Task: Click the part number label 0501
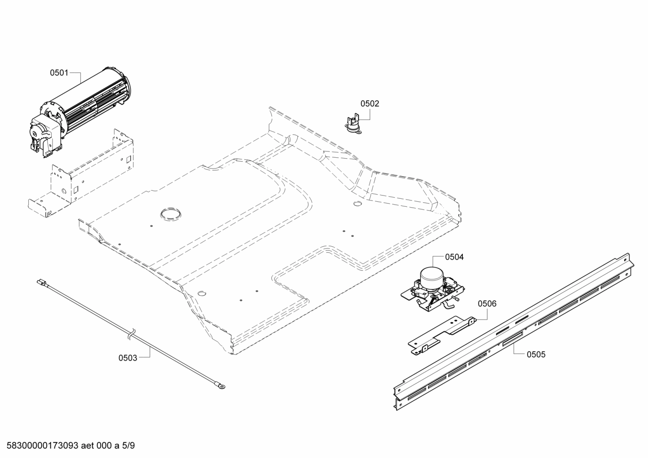click(59, 72)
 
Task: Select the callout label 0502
click(369, 104)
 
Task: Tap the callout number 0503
click(128, 358)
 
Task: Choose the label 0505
click(536, 355)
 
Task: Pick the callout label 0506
click(487, 304)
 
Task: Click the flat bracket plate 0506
click(440, 333)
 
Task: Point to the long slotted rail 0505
click(512, 333)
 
